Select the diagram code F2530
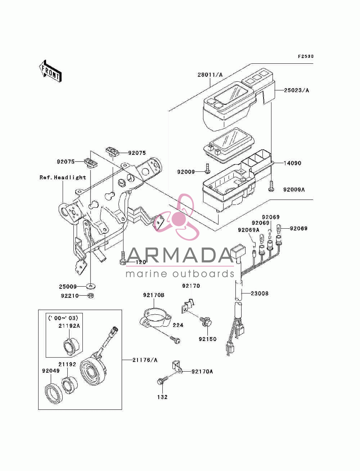[306, 57]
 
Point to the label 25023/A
[297, 90]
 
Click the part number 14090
[292, 163]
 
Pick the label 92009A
[294, 190]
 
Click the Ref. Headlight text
[63, 178]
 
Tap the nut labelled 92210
[91, 296]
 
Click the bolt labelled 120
[123, 258]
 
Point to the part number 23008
[260, 293]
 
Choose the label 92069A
[249, 230]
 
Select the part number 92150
[208, 339]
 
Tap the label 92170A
[202, 372]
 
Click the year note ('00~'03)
[63, 318]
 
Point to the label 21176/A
[145, 360]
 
